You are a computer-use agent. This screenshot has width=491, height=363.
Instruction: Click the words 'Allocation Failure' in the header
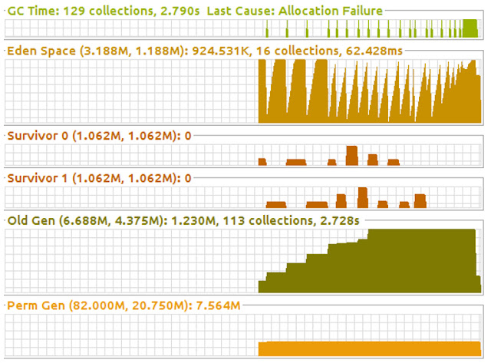[331, 10]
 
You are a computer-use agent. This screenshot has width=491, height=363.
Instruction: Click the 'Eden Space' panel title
[38, 51]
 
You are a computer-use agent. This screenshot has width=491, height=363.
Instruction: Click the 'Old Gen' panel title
[29, 221]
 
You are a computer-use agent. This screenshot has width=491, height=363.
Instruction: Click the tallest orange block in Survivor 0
[352, 156]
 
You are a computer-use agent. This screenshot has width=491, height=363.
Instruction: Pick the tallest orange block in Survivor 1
[363, 197]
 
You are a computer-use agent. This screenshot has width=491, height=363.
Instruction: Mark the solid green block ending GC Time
[470, 29]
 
